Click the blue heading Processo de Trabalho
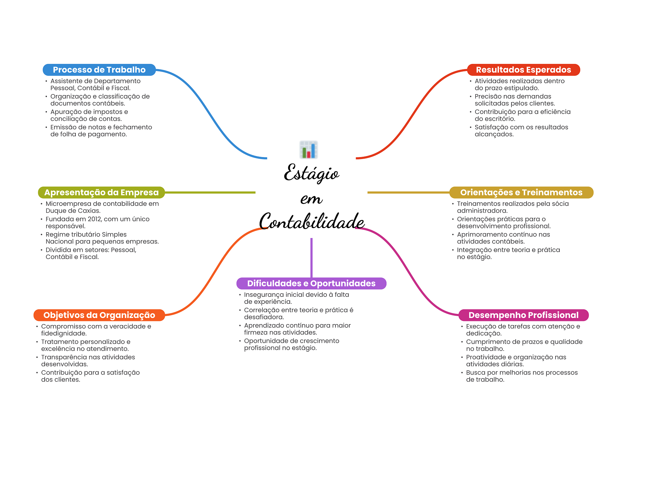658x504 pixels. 99,70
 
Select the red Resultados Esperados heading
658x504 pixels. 523,70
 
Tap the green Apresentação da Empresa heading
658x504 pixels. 101,192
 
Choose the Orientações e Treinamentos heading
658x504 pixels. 521,192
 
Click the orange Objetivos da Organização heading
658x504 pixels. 99,315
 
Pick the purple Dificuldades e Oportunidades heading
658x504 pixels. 311,283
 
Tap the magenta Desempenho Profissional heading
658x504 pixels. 523,315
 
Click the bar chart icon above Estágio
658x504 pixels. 309,150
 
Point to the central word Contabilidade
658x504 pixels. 312,221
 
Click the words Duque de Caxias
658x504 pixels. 73,211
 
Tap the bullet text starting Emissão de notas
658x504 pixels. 101,131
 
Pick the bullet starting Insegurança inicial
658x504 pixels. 296,298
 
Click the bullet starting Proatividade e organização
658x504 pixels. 516,360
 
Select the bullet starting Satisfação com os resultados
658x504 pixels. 521,131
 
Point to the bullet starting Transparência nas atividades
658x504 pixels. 88,360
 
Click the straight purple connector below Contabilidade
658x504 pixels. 311,257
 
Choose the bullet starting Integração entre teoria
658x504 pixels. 508,253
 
